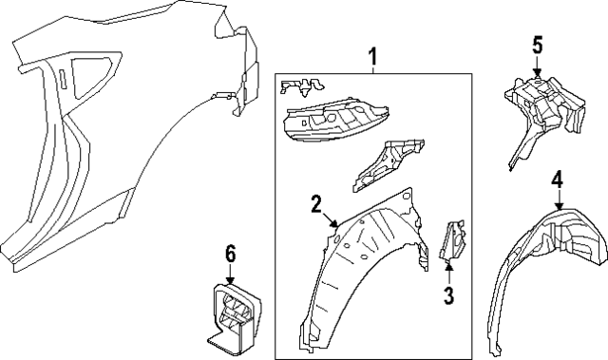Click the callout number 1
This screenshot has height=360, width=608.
pyautogui.click(x=372, y=56)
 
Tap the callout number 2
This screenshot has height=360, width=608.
pyautogui.click(x=316, y=204)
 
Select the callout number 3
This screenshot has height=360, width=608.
pyautogui.click(x=448, y=295)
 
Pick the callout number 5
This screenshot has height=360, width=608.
pyautogui.click(x=537, y=46)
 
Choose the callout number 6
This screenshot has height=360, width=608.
pyautogui.click(x=230, y=255)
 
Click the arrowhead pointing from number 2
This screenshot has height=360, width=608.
pyautogui.click(x=334, y=222)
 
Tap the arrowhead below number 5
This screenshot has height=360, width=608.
pyautogui.click(x=537, y=73)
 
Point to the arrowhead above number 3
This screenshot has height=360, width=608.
pyautogui.click(x=448, y=266)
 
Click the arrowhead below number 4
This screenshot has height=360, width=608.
pyautogui.click(x=559, y=206)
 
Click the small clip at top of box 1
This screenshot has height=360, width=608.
pyautogui.click(x=302, y=86)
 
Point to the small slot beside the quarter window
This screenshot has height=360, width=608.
pyautogui.click(x=64, y=80)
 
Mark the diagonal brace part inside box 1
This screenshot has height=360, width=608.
pyautogui.click(x=388, y=164)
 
